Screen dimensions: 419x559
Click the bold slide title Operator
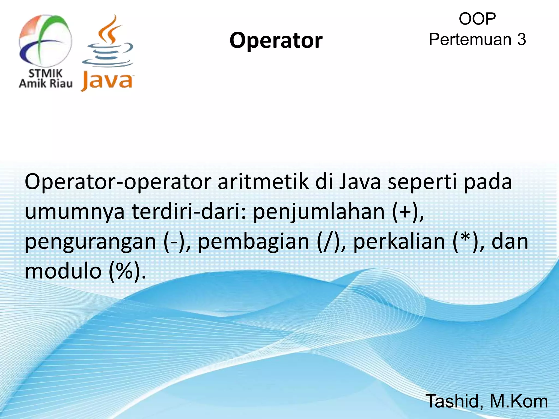click(276, 40)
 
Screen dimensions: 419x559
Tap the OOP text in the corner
click(477, 19)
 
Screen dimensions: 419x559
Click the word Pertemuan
click(470, 40)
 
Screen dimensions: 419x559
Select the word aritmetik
click(263, 182)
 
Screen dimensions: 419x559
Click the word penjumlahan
click(319, 212)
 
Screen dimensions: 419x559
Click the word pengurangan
click(90, 242)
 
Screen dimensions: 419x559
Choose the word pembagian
click(253, 242)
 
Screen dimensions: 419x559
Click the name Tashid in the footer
click(454, 401)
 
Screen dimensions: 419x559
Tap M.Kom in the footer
click(519, 401)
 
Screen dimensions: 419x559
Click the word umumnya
click(75, 212)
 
